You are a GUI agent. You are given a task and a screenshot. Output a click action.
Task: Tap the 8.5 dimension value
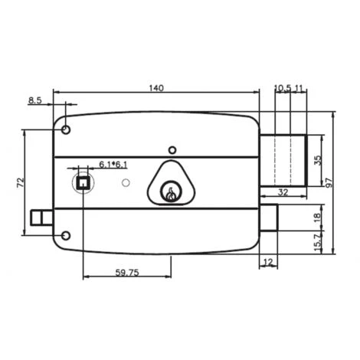click(35, 100)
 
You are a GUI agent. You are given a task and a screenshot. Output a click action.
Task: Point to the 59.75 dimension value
click(126, 271)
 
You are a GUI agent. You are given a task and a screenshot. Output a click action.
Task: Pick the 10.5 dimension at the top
click(282, 88)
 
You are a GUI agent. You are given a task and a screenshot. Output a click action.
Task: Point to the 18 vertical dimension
click(318, 218)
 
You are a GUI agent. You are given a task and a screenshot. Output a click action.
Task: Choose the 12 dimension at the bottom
click(267, 262)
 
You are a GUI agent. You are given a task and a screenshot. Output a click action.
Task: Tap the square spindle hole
click(81, 182)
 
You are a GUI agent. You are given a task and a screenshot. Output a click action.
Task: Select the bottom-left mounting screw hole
click(67, 236)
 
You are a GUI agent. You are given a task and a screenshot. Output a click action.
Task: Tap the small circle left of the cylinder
click(126, 184)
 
